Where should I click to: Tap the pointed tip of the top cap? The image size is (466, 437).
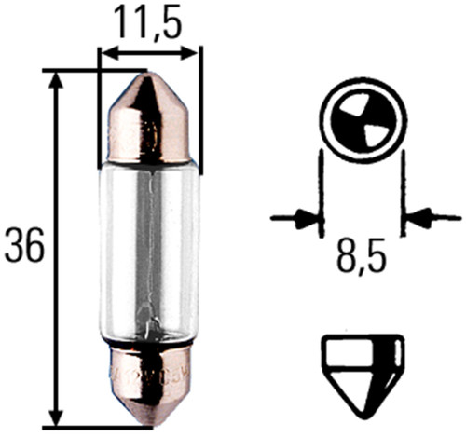pos(150,79)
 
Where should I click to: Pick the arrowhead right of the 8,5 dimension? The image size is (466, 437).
pos(418,219)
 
